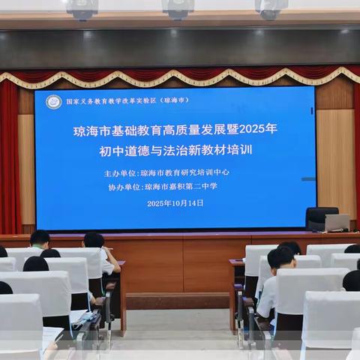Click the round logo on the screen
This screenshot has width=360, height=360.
point(54,102)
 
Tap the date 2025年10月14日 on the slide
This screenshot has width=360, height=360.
point(175,203)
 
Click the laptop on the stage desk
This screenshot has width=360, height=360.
point(336,222)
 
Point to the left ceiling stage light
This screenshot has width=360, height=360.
point(81,9)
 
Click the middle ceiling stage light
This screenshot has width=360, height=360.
point(178,9)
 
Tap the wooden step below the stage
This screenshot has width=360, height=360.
point(177,300)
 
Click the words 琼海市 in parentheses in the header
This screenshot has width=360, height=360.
point(175,100)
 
